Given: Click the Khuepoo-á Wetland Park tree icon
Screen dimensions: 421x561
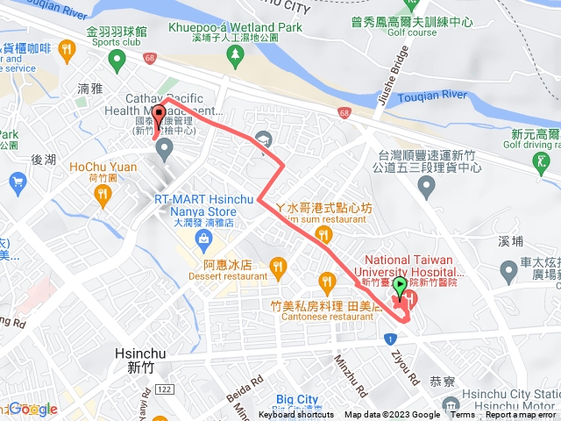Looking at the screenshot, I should (x=234, y=57).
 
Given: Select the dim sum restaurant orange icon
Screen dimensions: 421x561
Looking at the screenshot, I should (x=323, y=233).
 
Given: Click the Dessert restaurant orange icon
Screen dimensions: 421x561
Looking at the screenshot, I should (x=279, y=264).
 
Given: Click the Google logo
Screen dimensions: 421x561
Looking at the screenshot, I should (x=31, y=409).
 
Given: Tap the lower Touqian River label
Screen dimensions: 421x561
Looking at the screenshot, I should (x=436, y=97).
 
